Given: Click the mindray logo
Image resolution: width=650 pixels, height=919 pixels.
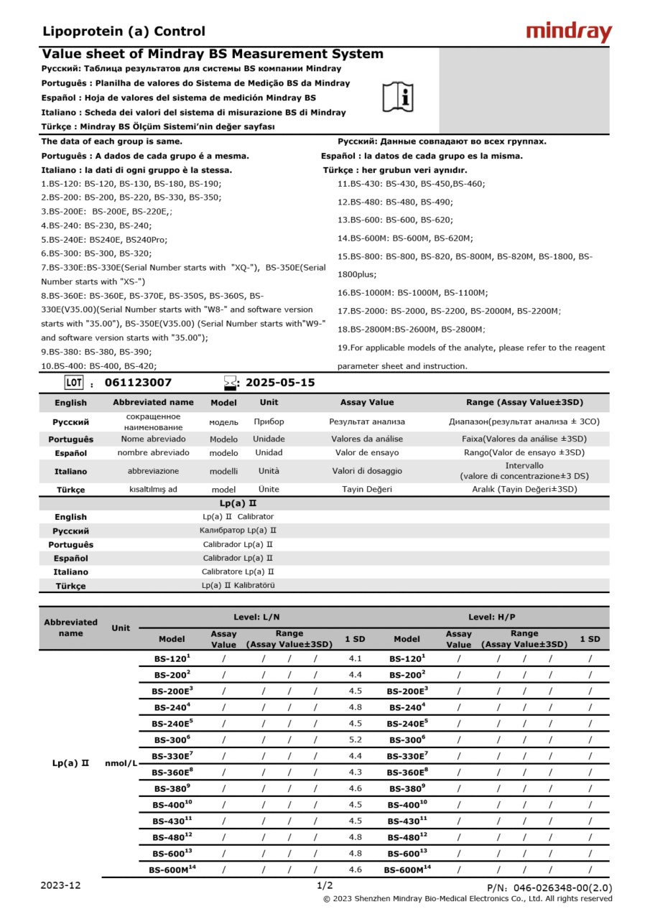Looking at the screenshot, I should (x=569, y=32).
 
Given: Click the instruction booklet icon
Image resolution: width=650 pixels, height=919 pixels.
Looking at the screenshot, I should (x=398, y=97).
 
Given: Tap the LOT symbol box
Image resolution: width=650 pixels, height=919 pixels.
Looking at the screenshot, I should (x=74, y=382).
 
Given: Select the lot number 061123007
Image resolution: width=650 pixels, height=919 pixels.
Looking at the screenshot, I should (x=138, y=383).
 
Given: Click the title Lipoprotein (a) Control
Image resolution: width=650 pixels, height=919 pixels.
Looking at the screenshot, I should (x=124, y=32).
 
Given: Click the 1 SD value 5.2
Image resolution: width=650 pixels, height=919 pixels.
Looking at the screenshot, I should (x=355, y=739).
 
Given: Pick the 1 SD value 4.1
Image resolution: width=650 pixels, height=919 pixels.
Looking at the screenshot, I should (x=355, y=658).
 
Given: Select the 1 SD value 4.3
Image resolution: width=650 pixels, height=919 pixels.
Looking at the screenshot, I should (x=355, y=772).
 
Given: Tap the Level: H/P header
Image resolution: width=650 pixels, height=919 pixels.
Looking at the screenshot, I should (x=491, y=617).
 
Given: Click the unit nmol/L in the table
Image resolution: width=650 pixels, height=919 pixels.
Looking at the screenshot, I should (x=121, y=763).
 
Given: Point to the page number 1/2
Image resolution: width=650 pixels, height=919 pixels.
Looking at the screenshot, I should (x=325, y=886).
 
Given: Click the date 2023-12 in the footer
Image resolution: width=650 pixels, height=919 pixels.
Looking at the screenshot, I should (x=61, y=885).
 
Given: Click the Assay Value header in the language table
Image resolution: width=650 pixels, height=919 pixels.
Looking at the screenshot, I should (x=367, y=402).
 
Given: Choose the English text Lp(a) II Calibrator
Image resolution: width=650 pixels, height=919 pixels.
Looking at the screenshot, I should (x=238, y=516).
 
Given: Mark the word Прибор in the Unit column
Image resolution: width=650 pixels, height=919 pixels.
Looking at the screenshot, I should (x=269, y=421).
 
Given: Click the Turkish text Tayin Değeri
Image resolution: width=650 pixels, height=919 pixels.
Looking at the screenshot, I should (x=367, y=489).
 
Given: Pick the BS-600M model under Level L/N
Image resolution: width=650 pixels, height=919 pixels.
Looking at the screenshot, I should (x=172, y=869).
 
